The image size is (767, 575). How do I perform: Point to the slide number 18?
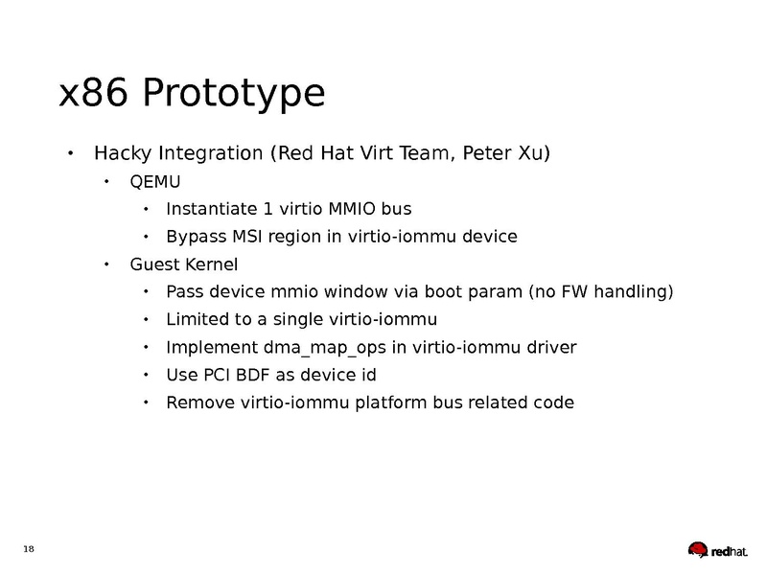(x=28, y=548)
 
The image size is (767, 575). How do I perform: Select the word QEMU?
(x=155, y=182)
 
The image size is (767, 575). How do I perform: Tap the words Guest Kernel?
(x=183, y=264)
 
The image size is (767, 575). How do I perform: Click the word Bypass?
(x=196, y=237)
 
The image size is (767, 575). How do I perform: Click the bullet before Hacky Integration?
(x=70, y=153)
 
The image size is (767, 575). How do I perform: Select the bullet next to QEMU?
(x=107, y=182)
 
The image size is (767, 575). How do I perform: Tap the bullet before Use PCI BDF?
(x=144, y=375)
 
